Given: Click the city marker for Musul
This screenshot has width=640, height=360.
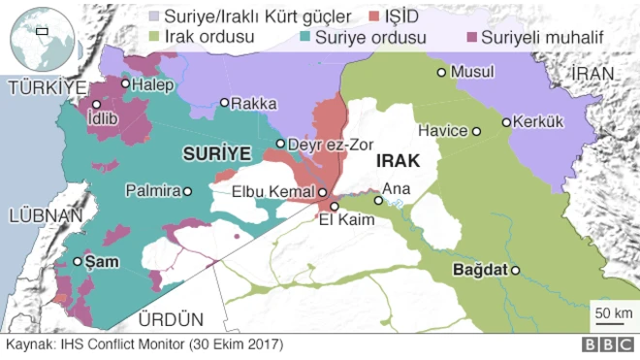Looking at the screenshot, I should tap(441, 72).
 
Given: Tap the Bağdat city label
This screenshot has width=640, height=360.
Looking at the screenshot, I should tap(481, 271).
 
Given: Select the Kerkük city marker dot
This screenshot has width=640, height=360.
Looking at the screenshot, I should tap(505, 122).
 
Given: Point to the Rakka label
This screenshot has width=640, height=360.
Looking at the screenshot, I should tap(255, 103).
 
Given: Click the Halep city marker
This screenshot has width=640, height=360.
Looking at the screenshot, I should tap(125, 83).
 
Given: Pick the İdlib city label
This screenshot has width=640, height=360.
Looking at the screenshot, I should tap(106, 120).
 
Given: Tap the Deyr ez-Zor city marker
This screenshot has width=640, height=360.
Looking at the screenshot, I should tap(280, 144).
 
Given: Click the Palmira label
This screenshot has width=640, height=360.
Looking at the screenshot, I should tap(153, 192).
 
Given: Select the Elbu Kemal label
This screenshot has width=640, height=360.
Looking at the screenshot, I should tap(272, 192).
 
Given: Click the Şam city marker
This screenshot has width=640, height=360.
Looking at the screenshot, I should tap(78, 261).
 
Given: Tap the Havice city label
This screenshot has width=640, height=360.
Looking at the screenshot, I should tap(442, 130).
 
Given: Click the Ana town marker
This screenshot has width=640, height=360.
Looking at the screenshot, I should tap(378, 202).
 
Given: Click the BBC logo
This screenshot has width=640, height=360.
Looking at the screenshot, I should tap(605, 344).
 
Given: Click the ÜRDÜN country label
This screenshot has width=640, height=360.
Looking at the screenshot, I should tap(171, 318).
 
